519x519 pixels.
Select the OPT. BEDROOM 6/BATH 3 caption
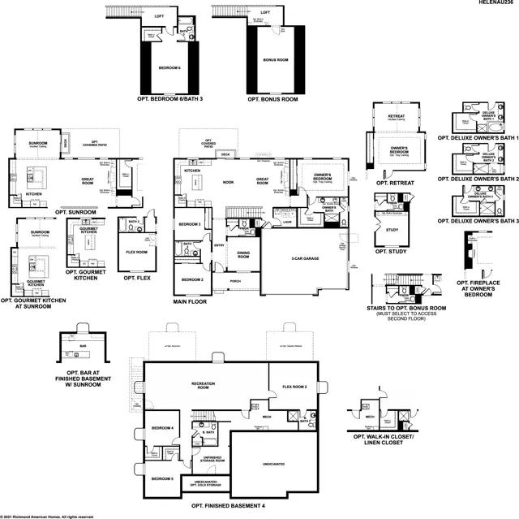(x=169, y=98)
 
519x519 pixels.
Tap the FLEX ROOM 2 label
(x=294, y=387)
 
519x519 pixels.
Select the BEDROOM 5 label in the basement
(x=162, y=478)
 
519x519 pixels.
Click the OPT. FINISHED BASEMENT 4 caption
(x=228, y=505)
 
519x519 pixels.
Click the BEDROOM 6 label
(x=169, y=67)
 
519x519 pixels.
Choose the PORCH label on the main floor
(x=235, y=281)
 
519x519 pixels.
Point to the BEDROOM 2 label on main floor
(x=191, y=279)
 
